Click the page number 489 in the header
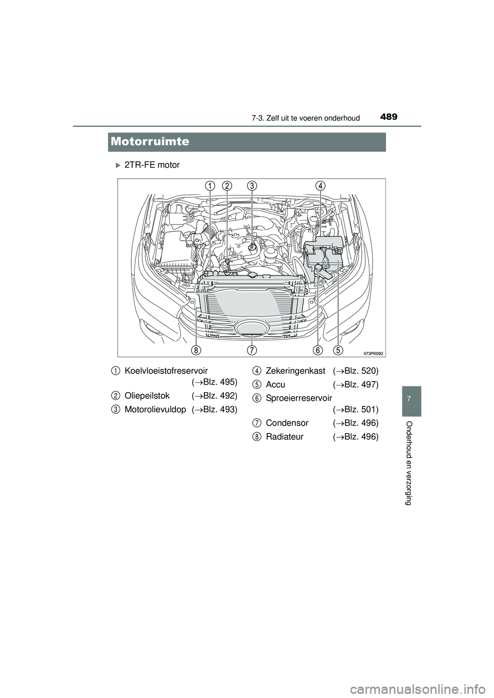click(x=390, y=117)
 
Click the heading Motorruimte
click(x=150, y=141)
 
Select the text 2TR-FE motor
click(x=152, y=165)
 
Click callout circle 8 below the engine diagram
click(x=196, y=350)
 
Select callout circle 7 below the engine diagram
click(x=252, y=350)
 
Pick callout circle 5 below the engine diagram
click(x=338, y=350)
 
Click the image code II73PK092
click(x=374, y=353)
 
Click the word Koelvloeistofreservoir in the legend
click(x=166, y=370)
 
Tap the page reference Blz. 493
click(x=219, y=410)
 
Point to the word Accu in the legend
click(x=276, y=384)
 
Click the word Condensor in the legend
click(x=287, y=423)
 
